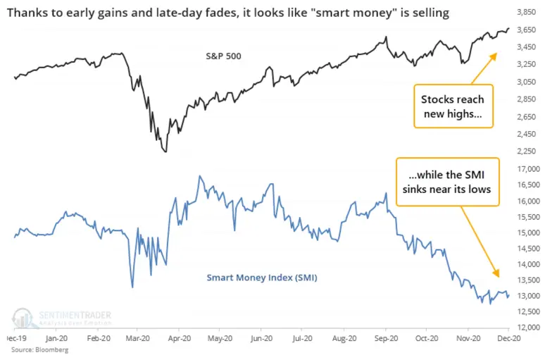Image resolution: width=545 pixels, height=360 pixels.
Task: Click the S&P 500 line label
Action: click(x=223, y=56)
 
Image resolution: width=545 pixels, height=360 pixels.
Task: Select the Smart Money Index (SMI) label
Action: click(x=262, y=278)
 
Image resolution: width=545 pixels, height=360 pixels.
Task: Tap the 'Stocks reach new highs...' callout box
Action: click(x=453, y=106)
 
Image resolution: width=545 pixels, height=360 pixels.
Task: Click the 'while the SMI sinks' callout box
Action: click(x=448, y=182)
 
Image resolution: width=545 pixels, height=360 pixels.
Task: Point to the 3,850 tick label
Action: click(x=526, y=12)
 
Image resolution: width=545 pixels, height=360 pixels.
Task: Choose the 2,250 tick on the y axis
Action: click(x=526, y=151)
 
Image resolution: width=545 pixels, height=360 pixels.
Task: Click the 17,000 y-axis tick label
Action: click(x=528, y=169)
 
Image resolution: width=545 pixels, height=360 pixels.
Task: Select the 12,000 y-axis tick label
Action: click(x=528, y=328)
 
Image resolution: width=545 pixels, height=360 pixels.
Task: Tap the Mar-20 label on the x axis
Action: click(x=138, y=338)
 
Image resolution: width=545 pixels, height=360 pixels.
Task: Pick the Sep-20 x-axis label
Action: click(x=386, y=338)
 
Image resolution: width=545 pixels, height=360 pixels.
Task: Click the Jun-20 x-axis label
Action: click(x=261, y=338)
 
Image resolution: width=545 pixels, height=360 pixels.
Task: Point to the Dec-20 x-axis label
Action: click(x=509, y=338)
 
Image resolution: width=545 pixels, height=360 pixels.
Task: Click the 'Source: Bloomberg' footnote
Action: click(x=40, y=349)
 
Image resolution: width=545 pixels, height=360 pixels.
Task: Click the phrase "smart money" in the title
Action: click(x=356, y=13)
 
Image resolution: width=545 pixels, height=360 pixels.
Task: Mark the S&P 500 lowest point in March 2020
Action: click(x=165, y=151)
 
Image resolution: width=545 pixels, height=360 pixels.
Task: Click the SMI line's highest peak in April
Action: click(x=199, y=175)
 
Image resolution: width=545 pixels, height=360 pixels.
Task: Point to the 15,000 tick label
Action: click(x=528, y=232)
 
